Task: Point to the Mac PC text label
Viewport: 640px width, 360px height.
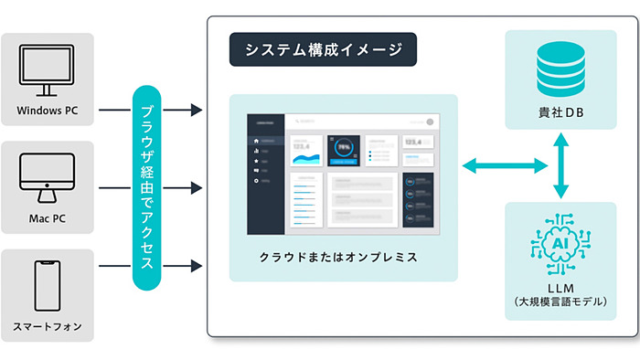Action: pos(48,219)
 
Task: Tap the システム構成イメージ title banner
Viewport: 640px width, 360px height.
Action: pos(323,50)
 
